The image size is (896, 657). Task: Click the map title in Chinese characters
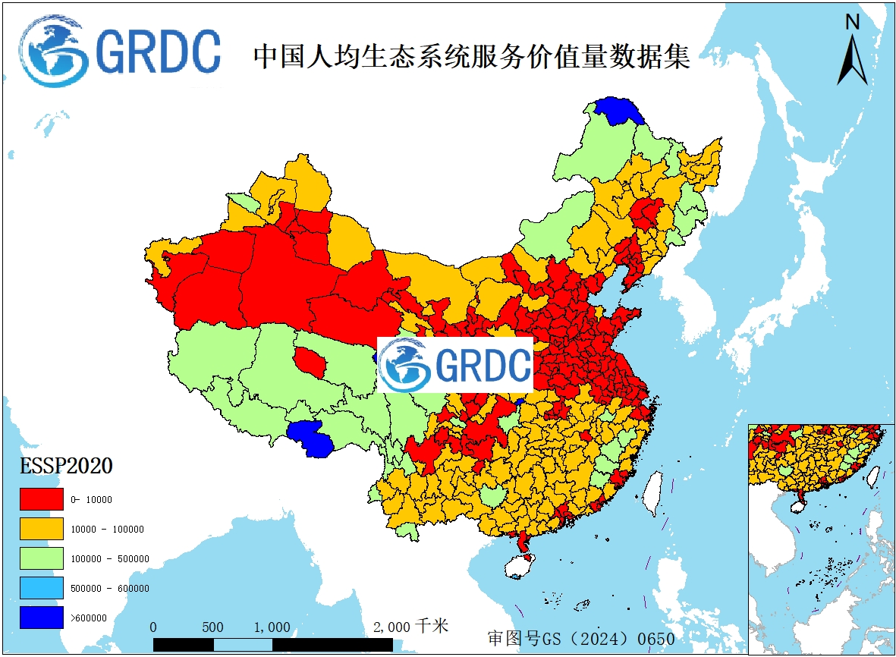tap(471, 57)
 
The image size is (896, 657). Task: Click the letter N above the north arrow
tap(853, 22)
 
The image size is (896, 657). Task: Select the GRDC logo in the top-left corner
tap(121, 51)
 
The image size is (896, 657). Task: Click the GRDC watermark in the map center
tap(455, 365)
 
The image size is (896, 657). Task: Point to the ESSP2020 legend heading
tap(67, 466)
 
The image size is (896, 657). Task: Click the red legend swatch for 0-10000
tap(42, 499)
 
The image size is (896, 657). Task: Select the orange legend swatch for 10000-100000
tap(42, 529)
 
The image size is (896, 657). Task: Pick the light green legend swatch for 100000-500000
tap(42, 558)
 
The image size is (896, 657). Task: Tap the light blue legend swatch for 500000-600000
tap(42, 588)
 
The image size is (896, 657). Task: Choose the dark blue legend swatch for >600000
tap(42, 618)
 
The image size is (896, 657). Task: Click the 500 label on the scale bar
tap(212, 627)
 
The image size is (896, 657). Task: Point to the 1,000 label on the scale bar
tap(272, 627)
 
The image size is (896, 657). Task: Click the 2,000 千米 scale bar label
tap(410, 627)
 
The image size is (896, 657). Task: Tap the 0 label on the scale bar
tap(154, 627)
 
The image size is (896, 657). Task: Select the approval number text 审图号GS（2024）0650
tap(580, 638)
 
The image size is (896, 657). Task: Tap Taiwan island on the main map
tap(652, 493)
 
